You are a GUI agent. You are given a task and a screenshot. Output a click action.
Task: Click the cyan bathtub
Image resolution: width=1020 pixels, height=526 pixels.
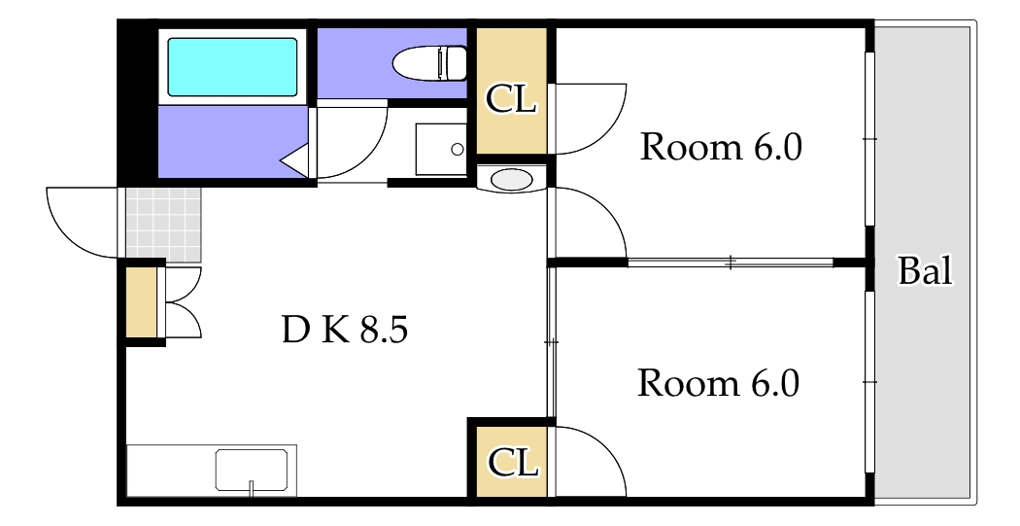(232, 67)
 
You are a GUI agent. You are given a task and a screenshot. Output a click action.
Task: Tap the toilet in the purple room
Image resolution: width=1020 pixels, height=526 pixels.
(430, 63)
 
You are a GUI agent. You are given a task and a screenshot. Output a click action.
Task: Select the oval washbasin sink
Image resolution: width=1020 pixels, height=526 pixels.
(511, 180)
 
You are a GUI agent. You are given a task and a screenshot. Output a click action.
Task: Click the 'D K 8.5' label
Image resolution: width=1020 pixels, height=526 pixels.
(345, 330)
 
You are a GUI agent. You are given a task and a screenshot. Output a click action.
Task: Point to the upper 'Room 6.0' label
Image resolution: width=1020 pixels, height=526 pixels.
(721, 147)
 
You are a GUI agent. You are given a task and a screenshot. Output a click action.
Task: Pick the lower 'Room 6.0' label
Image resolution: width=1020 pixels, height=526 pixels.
(718, 383)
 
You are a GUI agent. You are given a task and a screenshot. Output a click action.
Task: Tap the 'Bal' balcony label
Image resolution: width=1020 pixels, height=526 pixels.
(925, 270)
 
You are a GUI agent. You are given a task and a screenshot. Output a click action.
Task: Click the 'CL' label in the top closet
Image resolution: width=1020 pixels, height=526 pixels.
(511, 99)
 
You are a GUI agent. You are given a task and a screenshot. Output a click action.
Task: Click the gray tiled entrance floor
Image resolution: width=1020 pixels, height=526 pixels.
(163, 224)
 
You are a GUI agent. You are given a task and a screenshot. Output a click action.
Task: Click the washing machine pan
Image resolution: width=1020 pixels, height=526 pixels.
(441, 149)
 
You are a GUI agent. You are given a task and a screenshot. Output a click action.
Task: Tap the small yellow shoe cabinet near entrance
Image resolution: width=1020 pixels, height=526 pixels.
(141, 302)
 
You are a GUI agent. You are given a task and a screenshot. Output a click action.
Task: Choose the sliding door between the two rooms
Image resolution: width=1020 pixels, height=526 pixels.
(730, 263)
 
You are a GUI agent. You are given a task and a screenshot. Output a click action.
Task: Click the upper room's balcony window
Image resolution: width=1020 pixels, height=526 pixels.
(869, 139)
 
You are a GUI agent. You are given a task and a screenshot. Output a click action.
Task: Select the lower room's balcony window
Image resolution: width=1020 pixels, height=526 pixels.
(869, 381)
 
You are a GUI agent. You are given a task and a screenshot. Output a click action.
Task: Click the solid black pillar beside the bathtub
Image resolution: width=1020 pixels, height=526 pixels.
(138, 102)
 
